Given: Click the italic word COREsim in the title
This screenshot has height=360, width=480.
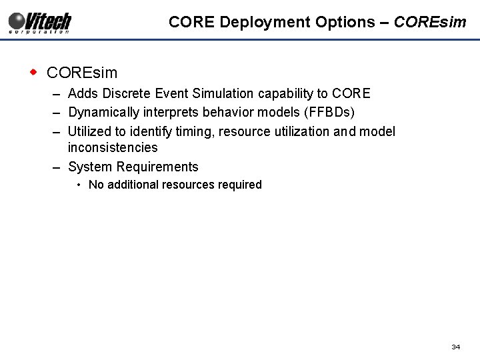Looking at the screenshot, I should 430,22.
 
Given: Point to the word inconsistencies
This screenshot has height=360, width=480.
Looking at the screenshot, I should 113,147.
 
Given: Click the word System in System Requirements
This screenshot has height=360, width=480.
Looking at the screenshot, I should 90,167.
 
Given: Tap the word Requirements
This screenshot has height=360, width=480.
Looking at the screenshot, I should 157,167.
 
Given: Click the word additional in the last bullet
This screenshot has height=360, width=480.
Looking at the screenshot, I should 133,185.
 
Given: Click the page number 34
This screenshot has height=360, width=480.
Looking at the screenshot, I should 456,347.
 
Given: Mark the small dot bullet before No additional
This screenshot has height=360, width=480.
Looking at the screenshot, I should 79,185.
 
